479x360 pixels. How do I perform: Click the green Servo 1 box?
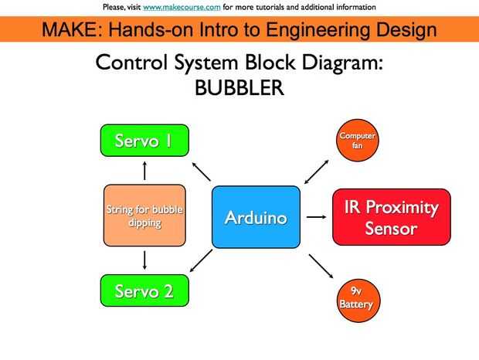144,141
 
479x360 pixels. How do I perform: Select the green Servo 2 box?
144,290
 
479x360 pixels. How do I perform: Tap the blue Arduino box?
256,217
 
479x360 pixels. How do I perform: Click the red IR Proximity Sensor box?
392,217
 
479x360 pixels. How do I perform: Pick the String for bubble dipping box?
144,216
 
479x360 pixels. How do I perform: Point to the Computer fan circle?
358,140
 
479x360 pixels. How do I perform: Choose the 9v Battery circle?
358,301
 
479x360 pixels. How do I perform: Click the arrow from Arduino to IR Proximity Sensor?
316,217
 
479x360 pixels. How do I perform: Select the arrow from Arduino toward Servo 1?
202,172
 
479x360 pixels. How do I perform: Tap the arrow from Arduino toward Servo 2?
201,260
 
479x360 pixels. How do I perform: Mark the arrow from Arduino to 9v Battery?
321,266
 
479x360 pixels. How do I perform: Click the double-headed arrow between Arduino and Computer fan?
317,172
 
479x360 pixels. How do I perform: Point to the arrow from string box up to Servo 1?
144,171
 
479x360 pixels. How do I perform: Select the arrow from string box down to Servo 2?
144,260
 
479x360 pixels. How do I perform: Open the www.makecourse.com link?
182,7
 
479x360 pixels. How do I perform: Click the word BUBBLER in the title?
239,88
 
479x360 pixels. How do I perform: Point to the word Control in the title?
131,62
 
